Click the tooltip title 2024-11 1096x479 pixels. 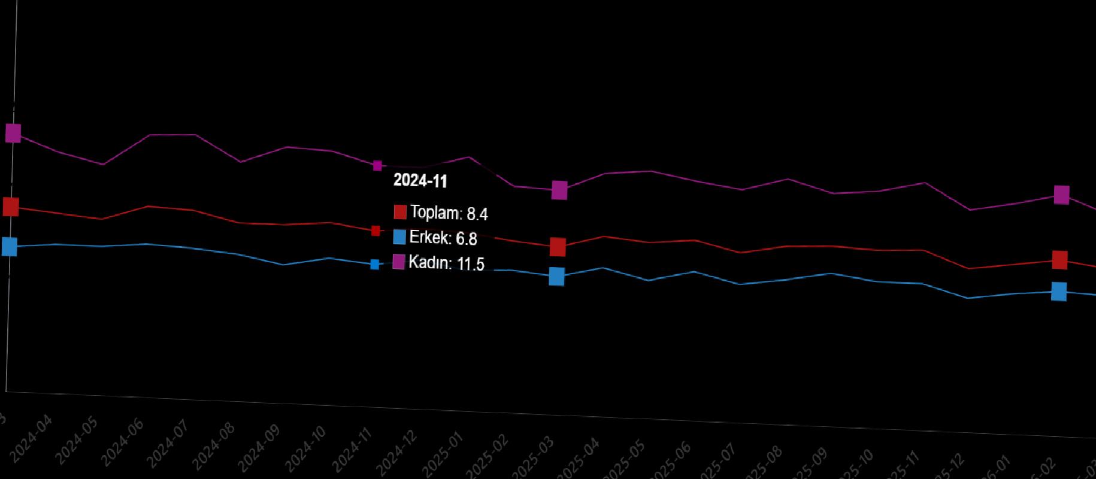point(420,181)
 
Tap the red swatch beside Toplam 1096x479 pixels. point(400,212)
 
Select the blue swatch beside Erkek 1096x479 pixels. point(399,237)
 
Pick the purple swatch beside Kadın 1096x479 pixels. point(399,262)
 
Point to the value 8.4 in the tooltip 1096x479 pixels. point(477,214)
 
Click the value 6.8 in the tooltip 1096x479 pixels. point(467,239)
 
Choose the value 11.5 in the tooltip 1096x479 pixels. point(471,264)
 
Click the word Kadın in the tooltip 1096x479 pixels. point(429,262)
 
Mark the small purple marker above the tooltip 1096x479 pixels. point(377,165)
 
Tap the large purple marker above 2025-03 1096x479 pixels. point(559,190)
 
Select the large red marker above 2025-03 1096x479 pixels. point(558,247)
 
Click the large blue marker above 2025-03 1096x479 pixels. point(557,277)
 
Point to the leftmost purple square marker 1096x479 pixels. point(13,133)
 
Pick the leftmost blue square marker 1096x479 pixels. point(10,246)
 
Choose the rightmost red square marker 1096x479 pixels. point(1059,260)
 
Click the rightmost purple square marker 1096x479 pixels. point(1061,195)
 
